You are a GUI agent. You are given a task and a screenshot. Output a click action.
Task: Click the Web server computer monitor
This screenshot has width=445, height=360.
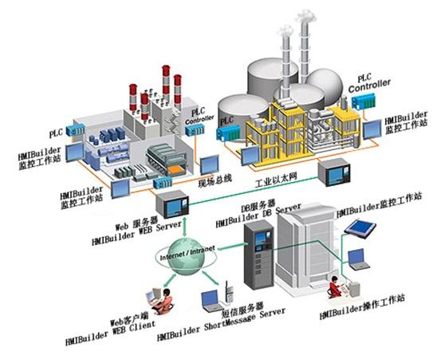(x=170, y=204)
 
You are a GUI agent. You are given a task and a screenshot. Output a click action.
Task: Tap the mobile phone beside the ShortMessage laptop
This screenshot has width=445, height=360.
(x=228, y=294)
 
